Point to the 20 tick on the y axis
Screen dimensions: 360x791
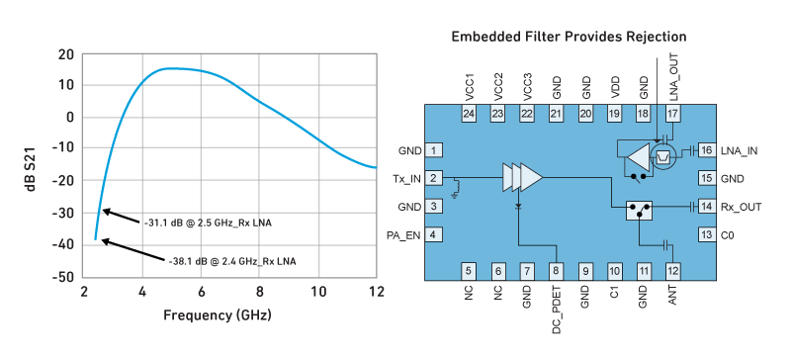pyautogui.click(x=66, y=53)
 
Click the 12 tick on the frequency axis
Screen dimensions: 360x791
pyautogui.click(x=376, y=294)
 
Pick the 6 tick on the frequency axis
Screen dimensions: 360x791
pyautogui.click(x=201, y=294)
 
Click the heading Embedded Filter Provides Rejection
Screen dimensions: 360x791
pyautogui.click(x=570, y=37)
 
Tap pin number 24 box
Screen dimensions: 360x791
pyautogui.click(x=469, y=115)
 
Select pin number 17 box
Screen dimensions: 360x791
pyautogui.click(x=673, y=115)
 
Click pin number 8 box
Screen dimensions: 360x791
pyautogui.click(x=557, y=269)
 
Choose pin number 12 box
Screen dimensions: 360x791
pyautogui.click(x=673, y=269)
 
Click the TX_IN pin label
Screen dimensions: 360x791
pyautogui.click(x=406, y=179)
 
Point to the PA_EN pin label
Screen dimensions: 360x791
pyautogui.click(x=405, y=234)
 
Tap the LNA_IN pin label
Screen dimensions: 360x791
pyautogui.click(x=739, y=150)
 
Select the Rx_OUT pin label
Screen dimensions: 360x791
pyautogui.click(x=740, y=207)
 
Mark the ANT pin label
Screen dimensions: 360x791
pyautogui.click(x=673, y=297)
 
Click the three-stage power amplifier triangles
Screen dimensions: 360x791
pyautogui.click(x=522, y=178)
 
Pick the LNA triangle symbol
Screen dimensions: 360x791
pyautogui.click(x=638, y=155)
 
